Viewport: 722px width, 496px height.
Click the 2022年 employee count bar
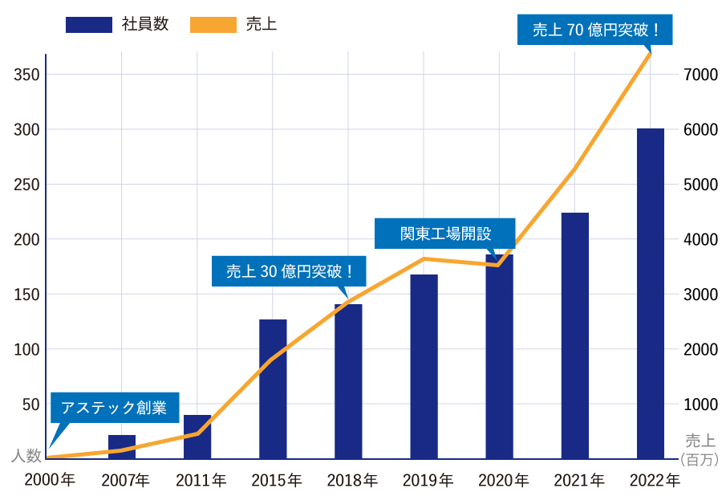[650, 293]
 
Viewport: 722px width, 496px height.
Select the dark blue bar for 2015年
[273, 389]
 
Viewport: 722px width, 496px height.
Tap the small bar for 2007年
[122, 446]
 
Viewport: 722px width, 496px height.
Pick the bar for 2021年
[574, 335]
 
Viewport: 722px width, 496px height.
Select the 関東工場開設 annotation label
[445, 234]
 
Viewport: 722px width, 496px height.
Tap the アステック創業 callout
[114, 408]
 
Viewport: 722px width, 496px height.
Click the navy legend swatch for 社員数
[89, 25]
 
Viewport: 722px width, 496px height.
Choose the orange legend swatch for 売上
[213, 25]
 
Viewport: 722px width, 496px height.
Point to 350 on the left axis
[26, 75]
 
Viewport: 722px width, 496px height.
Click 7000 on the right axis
[700, 75]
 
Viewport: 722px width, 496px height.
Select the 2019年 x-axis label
[428, 481]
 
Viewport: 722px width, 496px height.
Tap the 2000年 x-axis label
[50, 481]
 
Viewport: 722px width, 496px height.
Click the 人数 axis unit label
[26, 456]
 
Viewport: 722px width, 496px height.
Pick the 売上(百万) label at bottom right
[700, 449]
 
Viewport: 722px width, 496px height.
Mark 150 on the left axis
[26, 295]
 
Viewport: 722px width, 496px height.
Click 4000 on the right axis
[700, 239]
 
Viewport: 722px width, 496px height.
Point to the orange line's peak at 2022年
[650, 53]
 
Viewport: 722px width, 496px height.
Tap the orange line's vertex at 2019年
[424, 258]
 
